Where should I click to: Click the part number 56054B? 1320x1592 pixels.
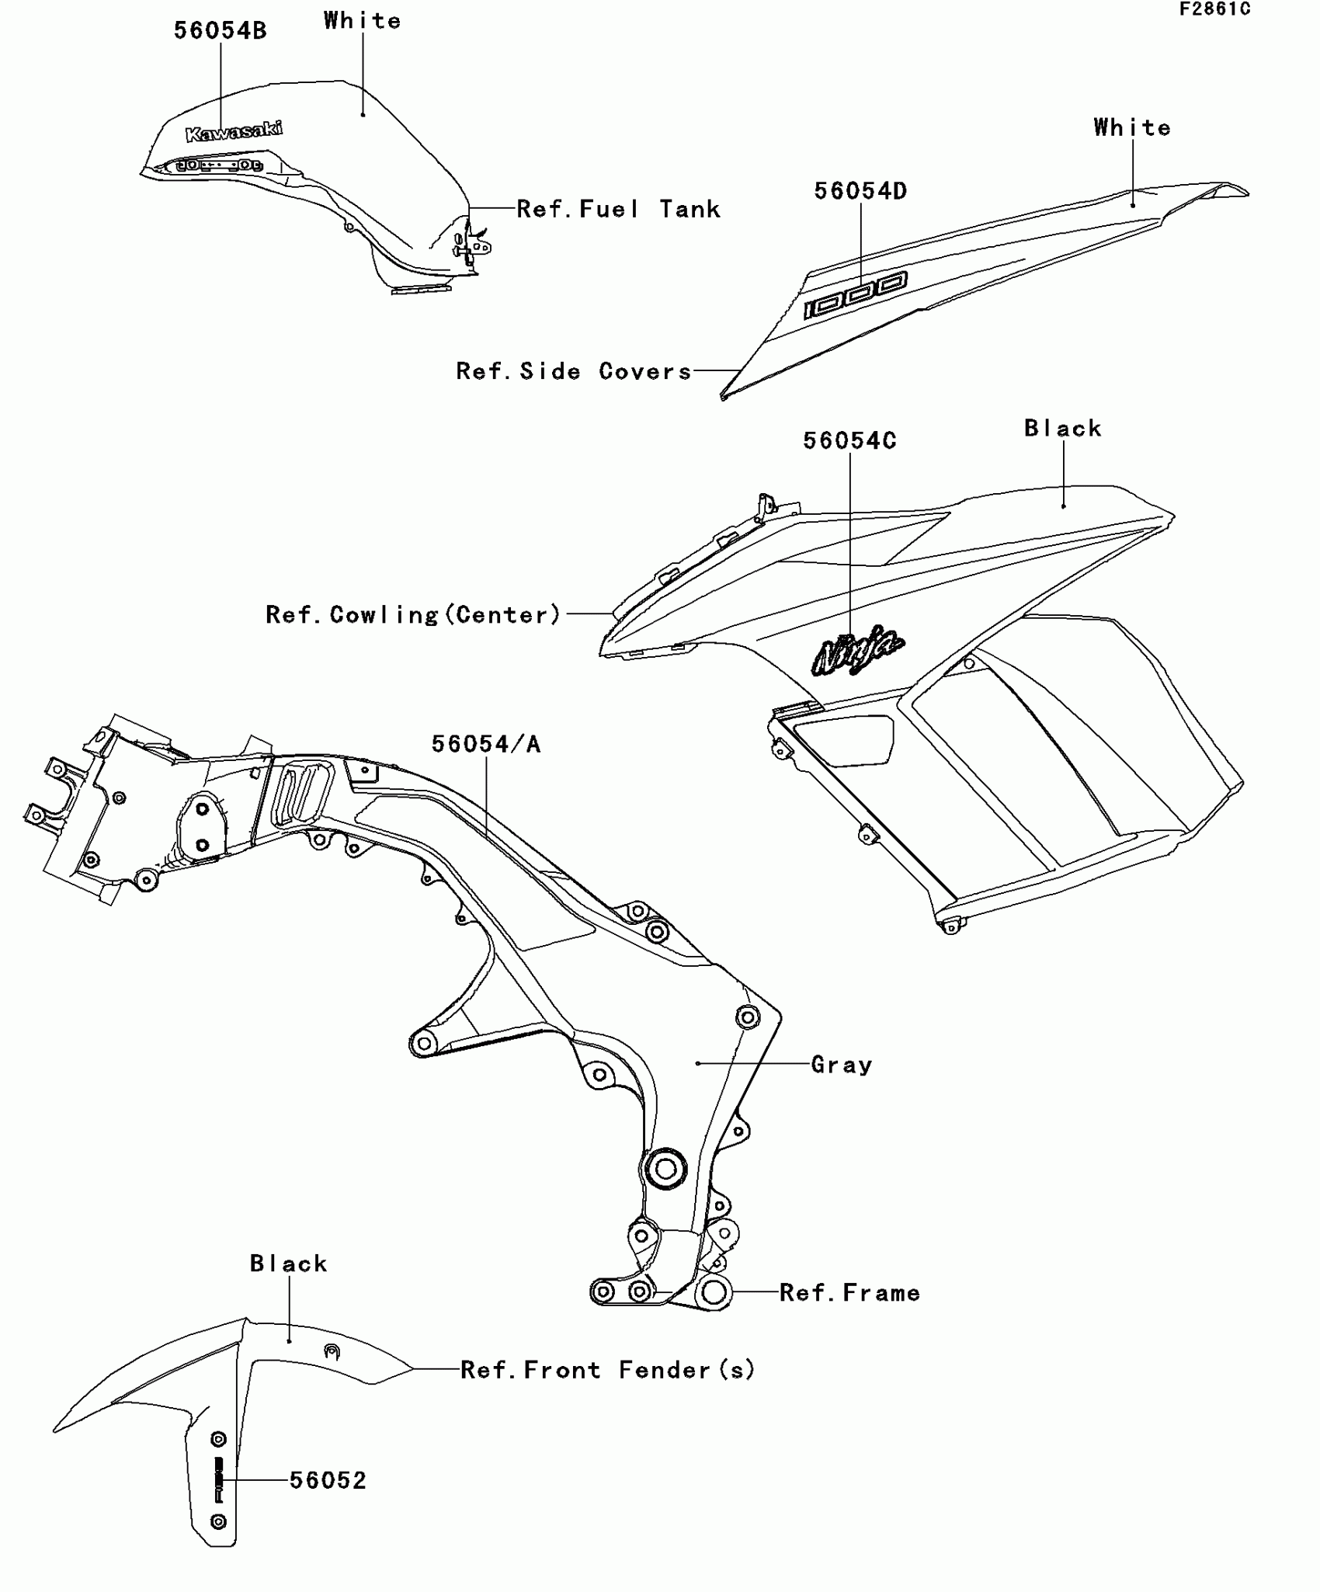tap(220, 31)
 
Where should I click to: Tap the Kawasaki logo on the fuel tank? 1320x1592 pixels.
tap(234, 132)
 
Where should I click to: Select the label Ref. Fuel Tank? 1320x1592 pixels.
tap(618, 209)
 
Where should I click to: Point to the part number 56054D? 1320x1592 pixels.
tap(860, 191)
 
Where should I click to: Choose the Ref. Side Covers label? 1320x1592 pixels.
tap(573, 371)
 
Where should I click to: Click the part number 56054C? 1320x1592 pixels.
tap(849, 441)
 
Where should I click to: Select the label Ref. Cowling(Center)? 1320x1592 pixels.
tap(413, 615)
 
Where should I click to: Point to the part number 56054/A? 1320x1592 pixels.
tap(486, 744)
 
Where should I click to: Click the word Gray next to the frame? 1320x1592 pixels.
tap(842, 1065)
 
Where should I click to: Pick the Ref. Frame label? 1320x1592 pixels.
tap(849, 1293)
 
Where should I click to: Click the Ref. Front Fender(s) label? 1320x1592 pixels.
tap(607, 1370)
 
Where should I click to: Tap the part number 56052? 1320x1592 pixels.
tap(328, 1480)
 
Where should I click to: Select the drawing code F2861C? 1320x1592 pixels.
tap(1214, 9)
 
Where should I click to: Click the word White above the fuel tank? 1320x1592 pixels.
tap(363, 21)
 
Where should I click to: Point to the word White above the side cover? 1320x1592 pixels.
tap(1132, 127)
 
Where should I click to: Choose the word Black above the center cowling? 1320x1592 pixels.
tap(1063, 429)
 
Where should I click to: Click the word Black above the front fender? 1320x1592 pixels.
tap(289, 1264)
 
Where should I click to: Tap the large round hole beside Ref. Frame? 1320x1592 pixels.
tap(714, 1292)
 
